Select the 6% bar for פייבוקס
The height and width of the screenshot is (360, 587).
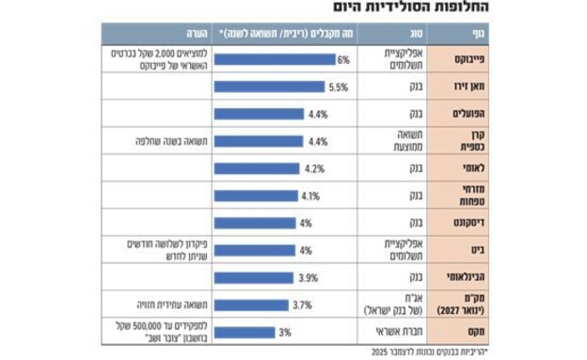click(274, 59)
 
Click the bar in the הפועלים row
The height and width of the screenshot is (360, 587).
click(259, 114)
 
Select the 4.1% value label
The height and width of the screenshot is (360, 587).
click(311, 196)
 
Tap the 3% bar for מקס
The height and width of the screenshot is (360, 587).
click(245, 332)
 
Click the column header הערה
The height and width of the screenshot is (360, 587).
click(151, 37)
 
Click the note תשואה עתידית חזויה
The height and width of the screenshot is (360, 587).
click(151, 305)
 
